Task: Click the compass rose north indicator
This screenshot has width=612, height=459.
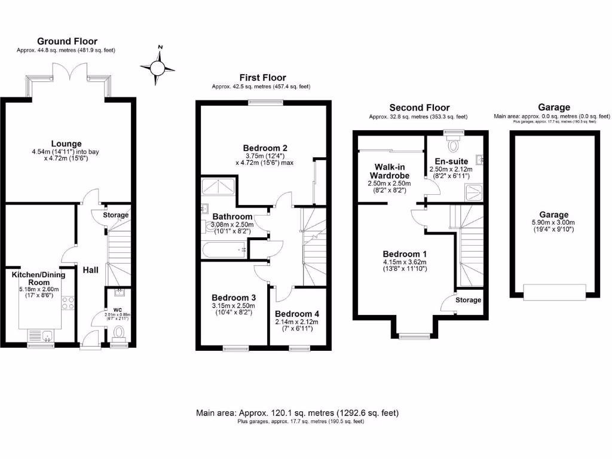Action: [x=160, y=66]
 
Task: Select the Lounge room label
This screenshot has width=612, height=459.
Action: [x=66, y=143]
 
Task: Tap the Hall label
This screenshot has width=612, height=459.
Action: [x=90, y=270]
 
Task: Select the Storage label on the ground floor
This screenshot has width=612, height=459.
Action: [x=115, y=215]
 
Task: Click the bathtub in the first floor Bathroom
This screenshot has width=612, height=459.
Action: [x=224, y=250]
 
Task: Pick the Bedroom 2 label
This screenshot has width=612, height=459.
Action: [x=265, y=148]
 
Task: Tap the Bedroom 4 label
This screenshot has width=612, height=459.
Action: [x=298, y=314]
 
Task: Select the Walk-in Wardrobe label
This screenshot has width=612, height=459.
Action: [x=392, y=171]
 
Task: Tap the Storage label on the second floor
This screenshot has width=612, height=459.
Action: [x=468, y=300]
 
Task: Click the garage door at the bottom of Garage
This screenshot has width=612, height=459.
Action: [x=555, y=292]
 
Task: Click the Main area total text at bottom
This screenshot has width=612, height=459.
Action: [x=297, y=413]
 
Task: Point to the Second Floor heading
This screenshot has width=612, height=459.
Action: [x=419, y=108]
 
